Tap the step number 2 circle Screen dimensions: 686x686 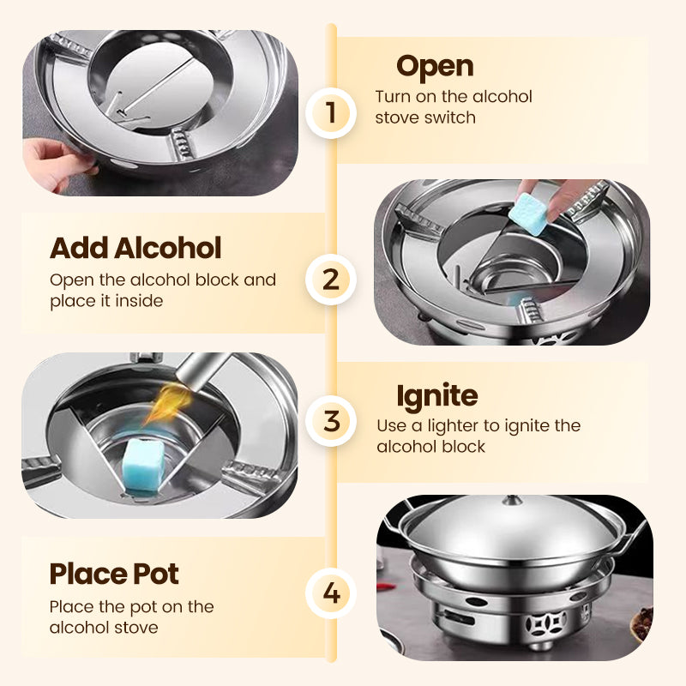330,279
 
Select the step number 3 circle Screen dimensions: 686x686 331,421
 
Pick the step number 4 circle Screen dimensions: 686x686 331,593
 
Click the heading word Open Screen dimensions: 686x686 434,66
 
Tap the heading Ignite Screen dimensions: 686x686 436,396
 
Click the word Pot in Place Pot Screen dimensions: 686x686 156,573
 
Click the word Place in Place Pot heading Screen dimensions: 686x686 89,573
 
